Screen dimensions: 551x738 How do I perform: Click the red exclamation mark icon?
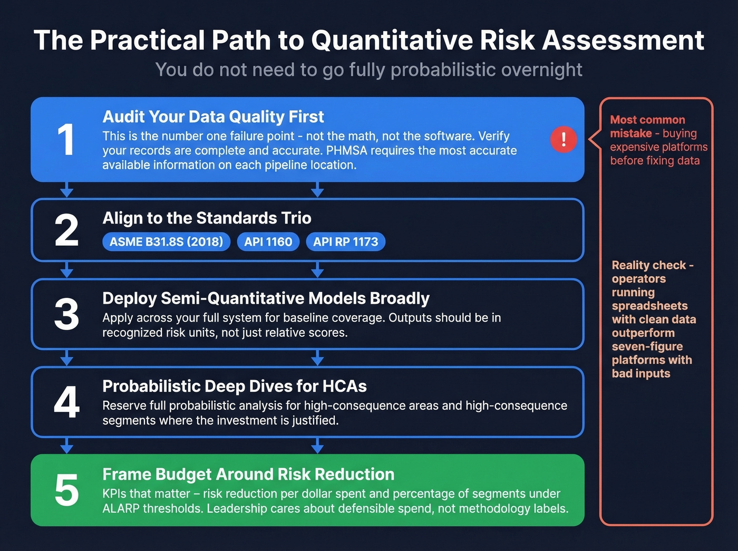click(564, 140)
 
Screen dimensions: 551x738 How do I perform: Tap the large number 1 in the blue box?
click(66, 140)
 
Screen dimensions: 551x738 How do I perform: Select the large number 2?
click(66, 230)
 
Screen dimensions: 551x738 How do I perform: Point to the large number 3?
click(66, 315)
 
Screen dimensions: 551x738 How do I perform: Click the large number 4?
click(66, 402)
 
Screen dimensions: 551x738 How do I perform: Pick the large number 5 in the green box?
click(66, 490)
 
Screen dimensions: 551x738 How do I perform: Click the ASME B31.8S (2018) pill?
click(166, 242)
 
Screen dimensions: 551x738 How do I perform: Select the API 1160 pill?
click(268, 242)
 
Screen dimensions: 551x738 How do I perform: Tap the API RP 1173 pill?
click(345, 242)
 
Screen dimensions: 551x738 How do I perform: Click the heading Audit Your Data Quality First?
click(213, 117)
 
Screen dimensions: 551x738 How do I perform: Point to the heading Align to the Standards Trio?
click(207, 218)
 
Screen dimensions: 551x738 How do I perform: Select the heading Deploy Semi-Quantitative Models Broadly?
click(266, 298)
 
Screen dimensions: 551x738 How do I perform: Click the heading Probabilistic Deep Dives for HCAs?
click(234, 386)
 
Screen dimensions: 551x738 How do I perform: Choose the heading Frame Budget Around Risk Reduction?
click(248, 475)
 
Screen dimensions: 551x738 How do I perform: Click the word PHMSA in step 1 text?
click(345, 151)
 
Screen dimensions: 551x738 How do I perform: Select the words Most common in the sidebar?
click(647, 120)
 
